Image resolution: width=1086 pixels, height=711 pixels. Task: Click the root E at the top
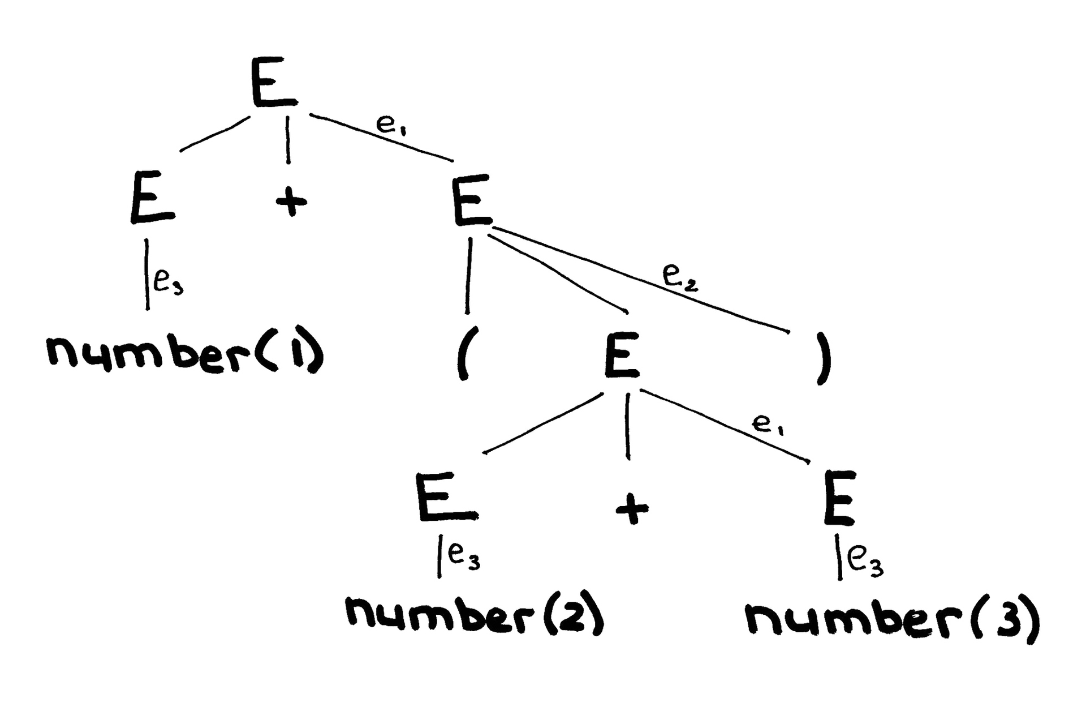pyautogui.click(x=273, y=83)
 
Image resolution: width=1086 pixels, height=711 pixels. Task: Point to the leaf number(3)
pyautogui.click(x=891, y=622)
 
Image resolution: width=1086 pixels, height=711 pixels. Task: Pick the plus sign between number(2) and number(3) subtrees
pyautogui.click(x=632, y=508)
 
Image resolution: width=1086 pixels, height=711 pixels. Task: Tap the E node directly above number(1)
pyautogui.click(x=152, y=200)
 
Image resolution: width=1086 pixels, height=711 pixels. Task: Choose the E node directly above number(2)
pyautogui.click(x=445, y=498)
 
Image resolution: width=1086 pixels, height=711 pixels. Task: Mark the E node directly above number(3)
pyautogui.click(x=839, y=499)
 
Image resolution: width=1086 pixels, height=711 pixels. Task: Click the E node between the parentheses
pyautogui.click(x=621, y=355)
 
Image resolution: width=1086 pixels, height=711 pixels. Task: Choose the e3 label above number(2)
pyautogui.click(x=463, y=557)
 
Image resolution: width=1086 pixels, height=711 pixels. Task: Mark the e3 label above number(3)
pyautogui.click(x=865, y=563)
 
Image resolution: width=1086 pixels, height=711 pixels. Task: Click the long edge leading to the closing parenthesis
pyautogui.click(x=639, y=279)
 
